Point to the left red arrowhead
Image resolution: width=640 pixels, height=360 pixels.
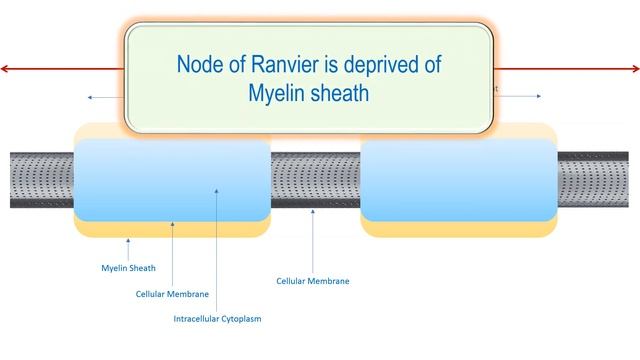pyautogui.click(x=6, y=68)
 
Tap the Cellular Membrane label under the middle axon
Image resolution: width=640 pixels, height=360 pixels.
pyautogui.click(x=313, y=281)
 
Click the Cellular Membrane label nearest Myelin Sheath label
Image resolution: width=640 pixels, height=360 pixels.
pyautogui.click(x=173, y=294)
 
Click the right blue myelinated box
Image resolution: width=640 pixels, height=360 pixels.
pyautogui.click(x=458, y=180)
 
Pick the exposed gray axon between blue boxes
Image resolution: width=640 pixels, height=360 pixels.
pyautogui.click(x=315, y=180)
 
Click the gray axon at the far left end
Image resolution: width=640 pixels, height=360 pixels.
pyautogui.click(x=40, y=180)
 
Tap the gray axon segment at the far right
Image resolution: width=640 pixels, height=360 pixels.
pyautogui.click(x=597, y=180)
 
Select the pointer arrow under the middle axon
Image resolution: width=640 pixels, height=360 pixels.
pyautogui.click(x=313, y=215)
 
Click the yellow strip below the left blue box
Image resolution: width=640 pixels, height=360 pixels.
pyautogui.click(x=172, y=229)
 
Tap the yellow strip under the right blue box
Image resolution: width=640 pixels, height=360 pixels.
pyautogui.click(x=458, y=229)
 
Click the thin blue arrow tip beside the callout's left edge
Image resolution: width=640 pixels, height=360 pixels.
pyautogui.click(x=89, y=97)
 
